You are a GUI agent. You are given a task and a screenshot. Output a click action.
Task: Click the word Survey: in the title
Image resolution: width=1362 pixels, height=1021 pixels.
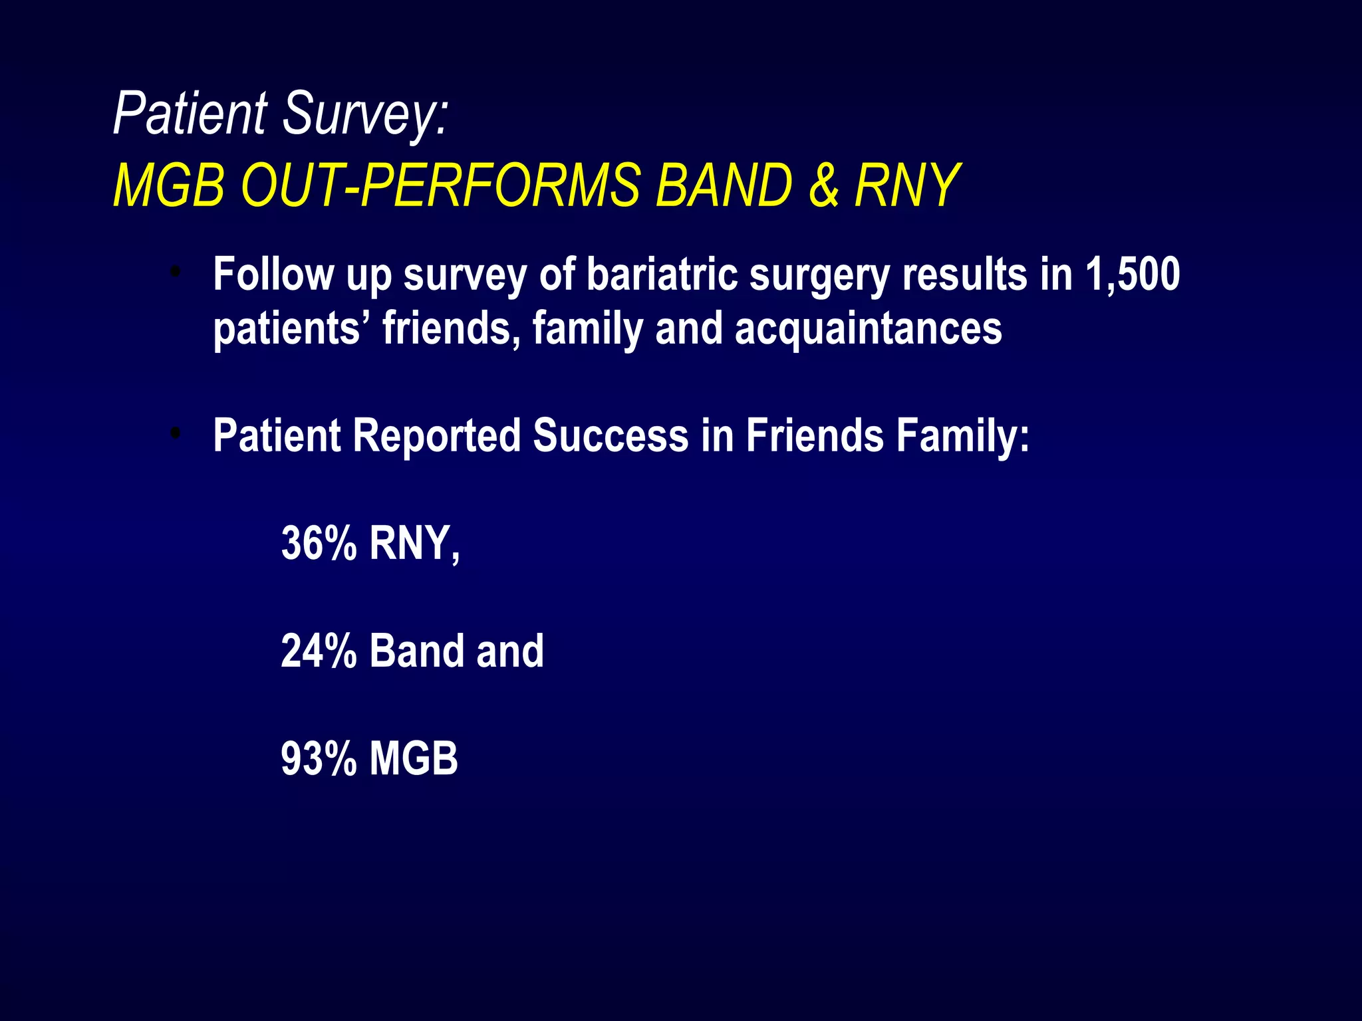click(365, 114)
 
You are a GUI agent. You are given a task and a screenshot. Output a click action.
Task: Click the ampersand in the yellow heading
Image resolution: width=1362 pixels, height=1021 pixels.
click(823, 185)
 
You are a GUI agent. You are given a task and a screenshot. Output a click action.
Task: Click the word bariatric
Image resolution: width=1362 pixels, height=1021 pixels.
click(662, 275)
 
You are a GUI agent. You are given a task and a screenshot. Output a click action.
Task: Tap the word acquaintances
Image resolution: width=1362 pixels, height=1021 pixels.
click(868, 328)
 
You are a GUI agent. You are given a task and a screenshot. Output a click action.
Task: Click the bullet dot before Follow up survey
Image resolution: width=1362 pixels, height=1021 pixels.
click(176, 271)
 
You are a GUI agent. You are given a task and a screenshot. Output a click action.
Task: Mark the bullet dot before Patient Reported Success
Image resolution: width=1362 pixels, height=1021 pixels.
click(176, 433)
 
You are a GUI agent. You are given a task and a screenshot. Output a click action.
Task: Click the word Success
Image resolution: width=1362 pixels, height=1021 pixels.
click(610, 436)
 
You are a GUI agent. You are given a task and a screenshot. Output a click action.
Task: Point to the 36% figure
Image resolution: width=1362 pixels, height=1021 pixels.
click(319, 543)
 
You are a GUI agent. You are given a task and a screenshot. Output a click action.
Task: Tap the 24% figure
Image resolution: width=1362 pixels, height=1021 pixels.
click(319, 651)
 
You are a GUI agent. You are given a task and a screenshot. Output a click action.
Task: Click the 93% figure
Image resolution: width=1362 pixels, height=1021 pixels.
click(319, 758)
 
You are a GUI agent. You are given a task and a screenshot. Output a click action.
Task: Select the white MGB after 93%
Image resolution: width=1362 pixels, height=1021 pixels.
click(414, 758)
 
